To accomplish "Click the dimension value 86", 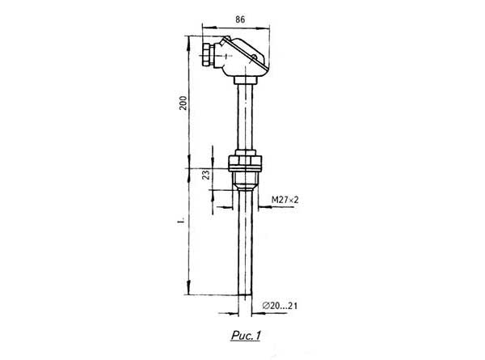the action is tap(240, 19).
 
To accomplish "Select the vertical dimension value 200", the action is tap(183, 103).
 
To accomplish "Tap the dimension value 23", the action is tap(205, 175).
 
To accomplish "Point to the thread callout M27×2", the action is tap(285, 200).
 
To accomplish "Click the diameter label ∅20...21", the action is tap(280, 306).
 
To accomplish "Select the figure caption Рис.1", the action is tap(246, 336).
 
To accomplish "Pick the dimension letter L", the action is tap(181, 222).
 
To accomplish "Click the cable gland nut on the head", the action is tap(207, 55).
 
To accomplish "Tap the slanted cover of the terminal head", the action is tap(246, 53).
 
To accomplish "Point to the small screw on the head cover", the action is tap(254, 57).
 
